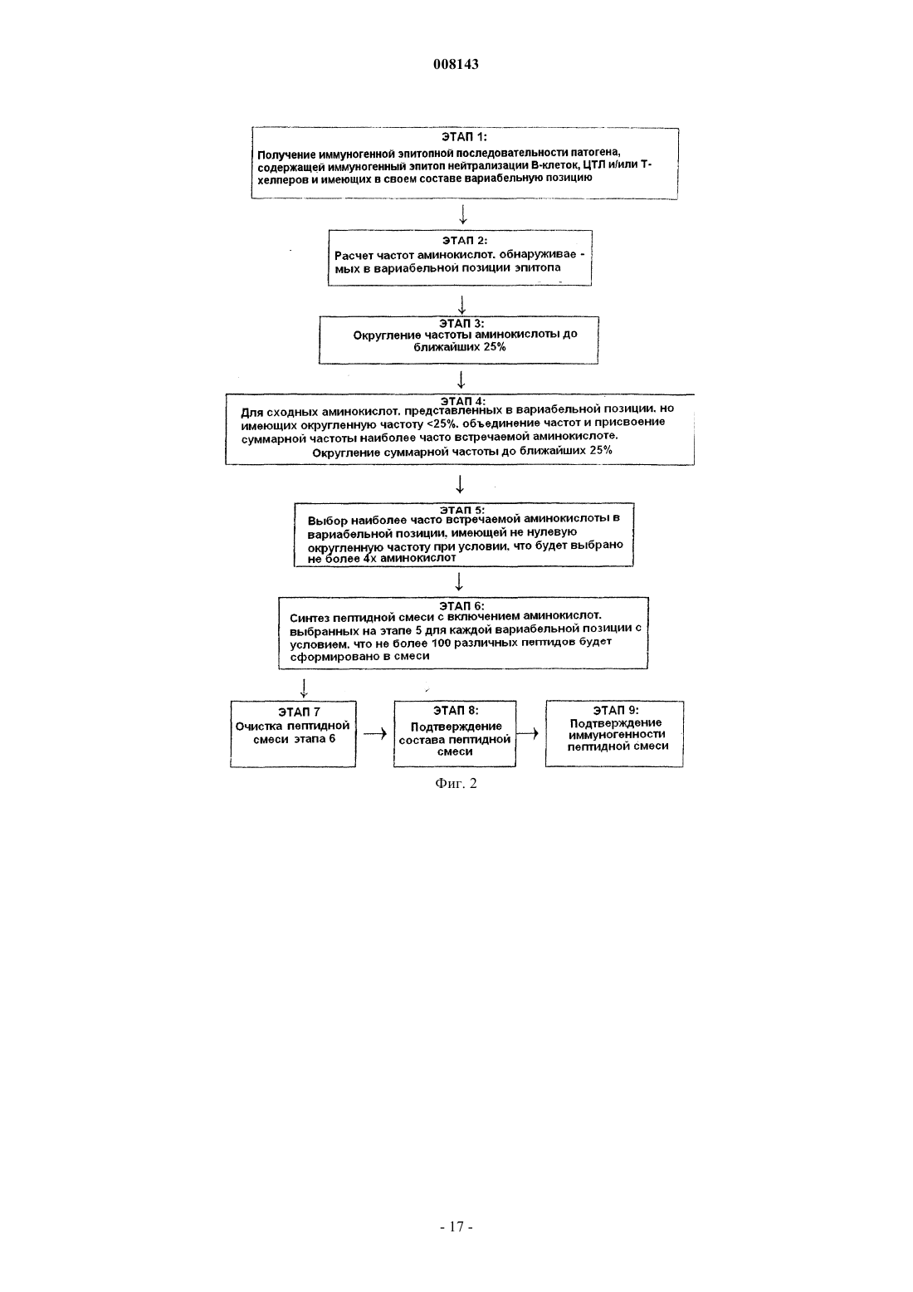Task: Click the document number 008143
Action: pos(456,64)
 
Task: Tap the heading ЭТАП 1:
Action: pos(464,137)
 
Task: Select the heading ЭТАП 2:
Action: pos(465,240)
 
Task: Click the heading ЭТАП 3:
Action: pos(461,324)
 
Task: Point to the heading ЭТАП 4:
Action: pos(463,400)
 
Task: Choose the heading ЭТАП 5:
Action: pos(462,510)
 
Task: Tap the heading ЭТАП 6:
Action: pos(461,605)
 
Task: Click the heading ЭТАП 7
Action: pos(299,712)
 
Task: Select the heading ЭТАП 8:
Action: pos(456,711)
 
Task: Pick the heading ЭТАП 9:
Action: pos(616,711)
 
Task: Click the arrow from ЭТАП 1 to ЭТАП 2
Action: pos(462,214)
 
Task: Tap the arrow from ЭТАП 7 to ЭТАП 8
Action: pos(374,734)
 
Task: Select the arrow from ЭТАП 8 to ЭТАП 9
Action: pos(528,733)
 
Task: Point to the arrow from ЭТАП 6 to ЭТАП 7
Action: pos(304,688)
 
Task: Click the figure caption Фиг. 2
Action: pos(456,783)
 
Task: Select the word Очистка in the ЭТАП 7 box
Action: pos(259,727)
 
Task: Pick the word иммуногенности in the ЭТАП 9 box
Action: pos(617,734)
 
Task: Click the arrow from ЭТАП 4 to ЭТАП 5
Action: pos(460,484)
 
